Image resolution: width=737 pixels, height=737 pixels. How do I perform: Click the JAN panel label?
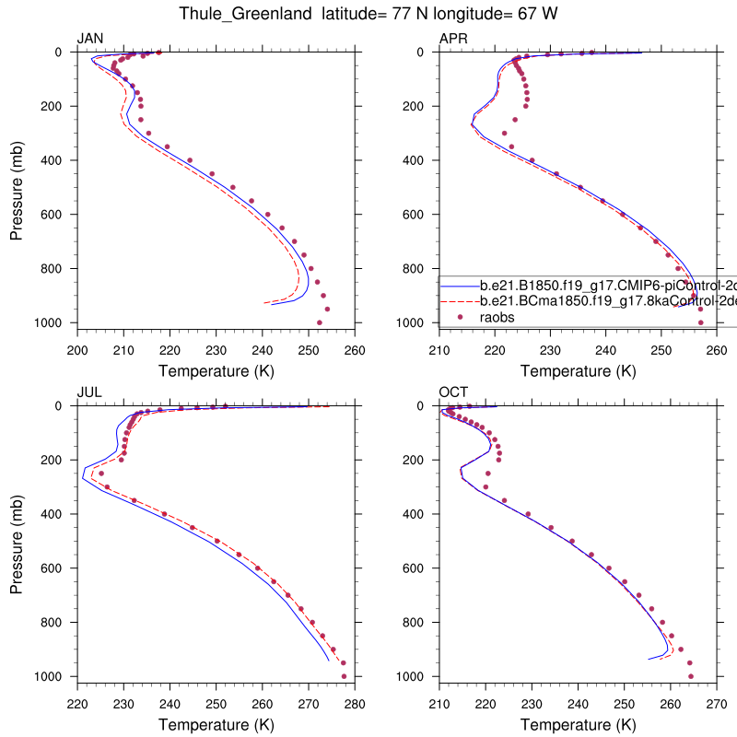click(x=90, y=38)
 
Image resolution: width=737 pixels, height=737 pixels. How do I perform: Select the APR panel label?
click(x=453, y=38)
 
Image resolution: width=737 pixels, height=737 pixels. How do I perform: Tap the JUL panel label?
click(x=89, y=392)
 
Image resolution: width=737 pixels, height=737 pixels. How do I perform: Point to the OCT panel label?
click(x=454, y=392)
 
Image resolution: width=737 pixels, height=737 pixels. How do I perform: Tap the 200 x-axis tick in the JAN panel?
click(x=77, y=350)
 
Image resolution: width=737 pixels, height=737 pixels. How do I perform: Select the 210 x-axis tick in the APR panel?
click(x=439, y=350)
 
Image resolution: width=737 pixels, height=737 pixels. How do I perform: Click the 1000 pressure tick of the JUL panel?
click(x=55, y=676)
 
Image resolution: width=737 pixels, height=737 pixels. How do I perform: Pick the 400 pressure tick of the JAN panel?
click(x=59, y=160)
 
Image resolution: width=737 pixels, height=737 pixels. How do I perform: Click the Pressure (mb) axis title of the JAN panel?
click(x=18, y=188)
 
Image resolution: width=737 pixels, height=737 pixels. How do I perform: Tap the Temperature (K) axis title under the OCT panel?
click(x=578, y=724)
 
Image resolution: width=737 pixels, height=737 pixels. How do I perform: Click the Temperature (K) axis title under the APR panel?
click(x=578, y=370)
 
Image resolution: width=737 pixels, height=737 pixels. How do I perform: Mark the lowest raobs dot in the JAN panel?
click(x=320, y=322)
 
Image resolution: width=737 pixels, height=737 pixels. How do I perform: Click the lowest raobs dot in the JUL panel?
click(x=344, y=676)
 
